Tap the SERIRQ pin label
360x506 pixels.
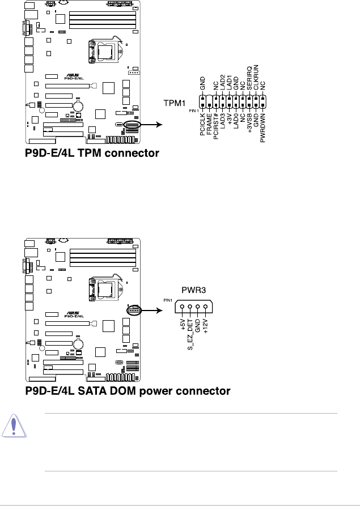click(249, 80)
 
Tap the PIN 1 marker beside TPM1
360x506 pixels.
click(192, 110)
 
